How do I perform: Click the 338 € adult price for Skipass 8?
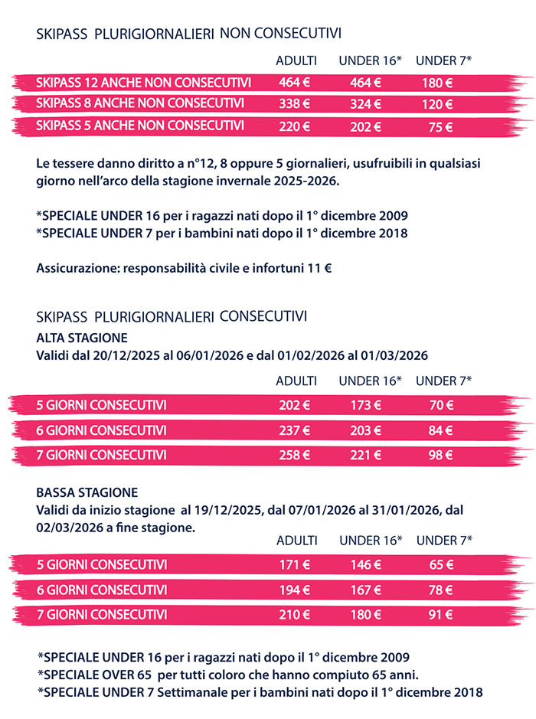click(294, 103)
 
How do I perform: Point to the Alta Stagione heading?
click(82, 337)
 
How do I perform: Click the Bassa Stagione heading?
click(87, 492)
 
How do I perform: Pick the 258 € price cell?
click(294, 455)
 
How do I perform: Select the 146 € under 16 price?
click(365, 566)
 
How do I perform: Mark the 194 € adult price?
click(294, 590)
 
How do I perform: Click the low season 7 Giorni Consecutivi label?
click(102, 614)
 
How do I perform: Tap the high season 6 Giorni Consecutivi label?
click(102, 430)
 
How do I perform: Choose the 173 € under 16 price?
click(365, 406)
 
